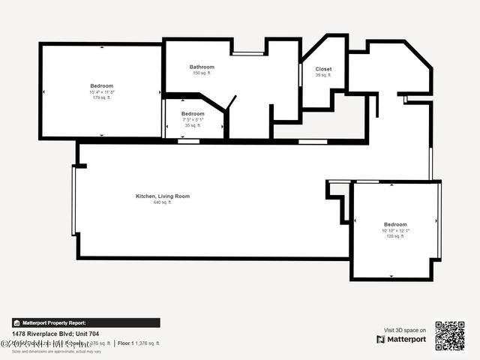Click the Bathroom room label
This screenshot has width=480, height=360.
tap(202, 67)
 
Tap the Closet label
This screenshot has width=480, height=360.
tap(323, 69)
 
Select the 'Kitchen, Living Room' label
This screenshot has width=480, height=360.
tap(163, 196)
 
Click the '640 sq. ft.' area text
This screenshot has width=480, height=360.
tap(163, 202)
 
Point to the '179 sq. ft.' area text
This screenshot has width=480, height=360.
tap(102, 97)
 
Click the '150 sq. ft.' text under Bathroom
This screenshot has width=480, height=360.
tap(202, 73)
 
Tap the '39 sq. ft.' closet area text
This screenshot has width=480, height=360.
tap(323, 75)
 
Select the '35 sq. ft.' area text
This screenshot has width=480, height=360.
tap(193, 126)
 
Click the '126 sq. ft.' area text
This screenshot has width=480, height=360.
tap(394, 236)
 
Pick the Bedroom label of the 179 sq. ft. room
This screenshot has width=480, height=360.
tap(102, 85)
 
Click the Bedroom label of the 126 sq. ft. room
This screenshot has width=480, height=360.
tap(395, 224)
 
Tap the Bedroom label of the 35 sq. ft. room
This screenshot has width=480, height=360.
tap(193, 114)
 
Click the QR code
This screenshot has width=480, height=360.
tap(450, 336)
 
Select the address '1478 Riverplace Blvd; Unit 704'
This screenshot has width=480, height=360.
tap(55, 334)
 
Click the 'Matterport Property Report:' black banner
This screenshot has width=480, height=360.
tap(85, 322)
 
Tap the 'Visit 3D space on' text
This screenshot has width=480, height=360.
tap(405, 330)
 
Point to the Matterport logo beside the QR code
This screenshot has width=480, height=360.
tap(401, 340)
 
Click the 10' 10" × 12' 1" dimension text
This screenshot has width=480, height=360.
tap(394, 230)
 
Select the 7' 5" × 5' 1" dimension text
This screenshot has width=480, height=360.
tap(193, 120)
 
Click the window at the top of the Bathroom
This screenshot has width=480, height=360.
tap(247, 53)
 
